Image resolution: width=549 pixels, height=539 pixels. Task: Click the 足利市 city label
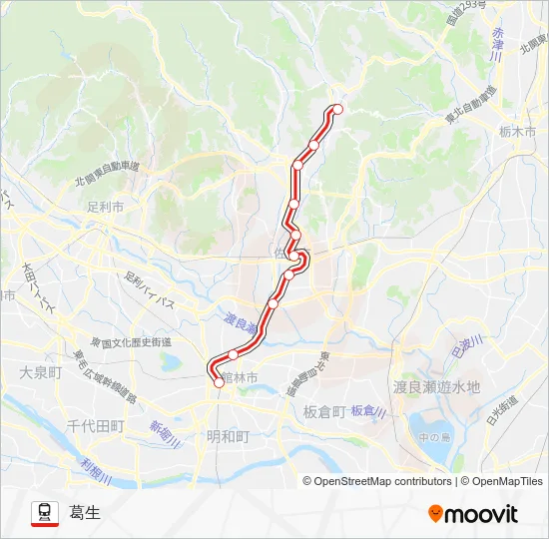coord(105,208)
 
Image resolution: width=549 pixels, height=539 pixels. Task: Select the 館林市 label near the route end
coord(239,377)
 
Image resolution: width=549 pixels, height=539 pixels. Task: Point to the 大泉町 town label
coord(40,371)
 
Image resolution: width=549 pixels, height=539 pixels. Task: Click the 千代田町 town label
coord(95,425)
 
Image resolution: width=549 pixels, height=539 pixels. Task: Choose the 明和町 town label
coord(228,435)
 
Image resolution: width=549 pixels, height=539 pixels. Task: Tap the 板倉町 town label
coord(324,410)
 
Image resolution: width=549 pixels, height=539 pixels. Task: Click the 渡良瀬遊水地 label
coord(436,386)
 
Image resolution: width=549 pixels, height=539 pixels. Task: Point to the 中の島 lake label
coord(435,435)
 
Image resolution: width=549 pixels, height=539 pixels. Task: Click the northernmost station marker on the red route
coord(337,109)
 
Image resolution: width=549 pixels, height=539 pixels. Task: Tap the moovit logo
coord(473,513)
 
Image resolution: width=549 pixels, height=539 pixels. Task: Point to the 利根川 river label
coord(96,468)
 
